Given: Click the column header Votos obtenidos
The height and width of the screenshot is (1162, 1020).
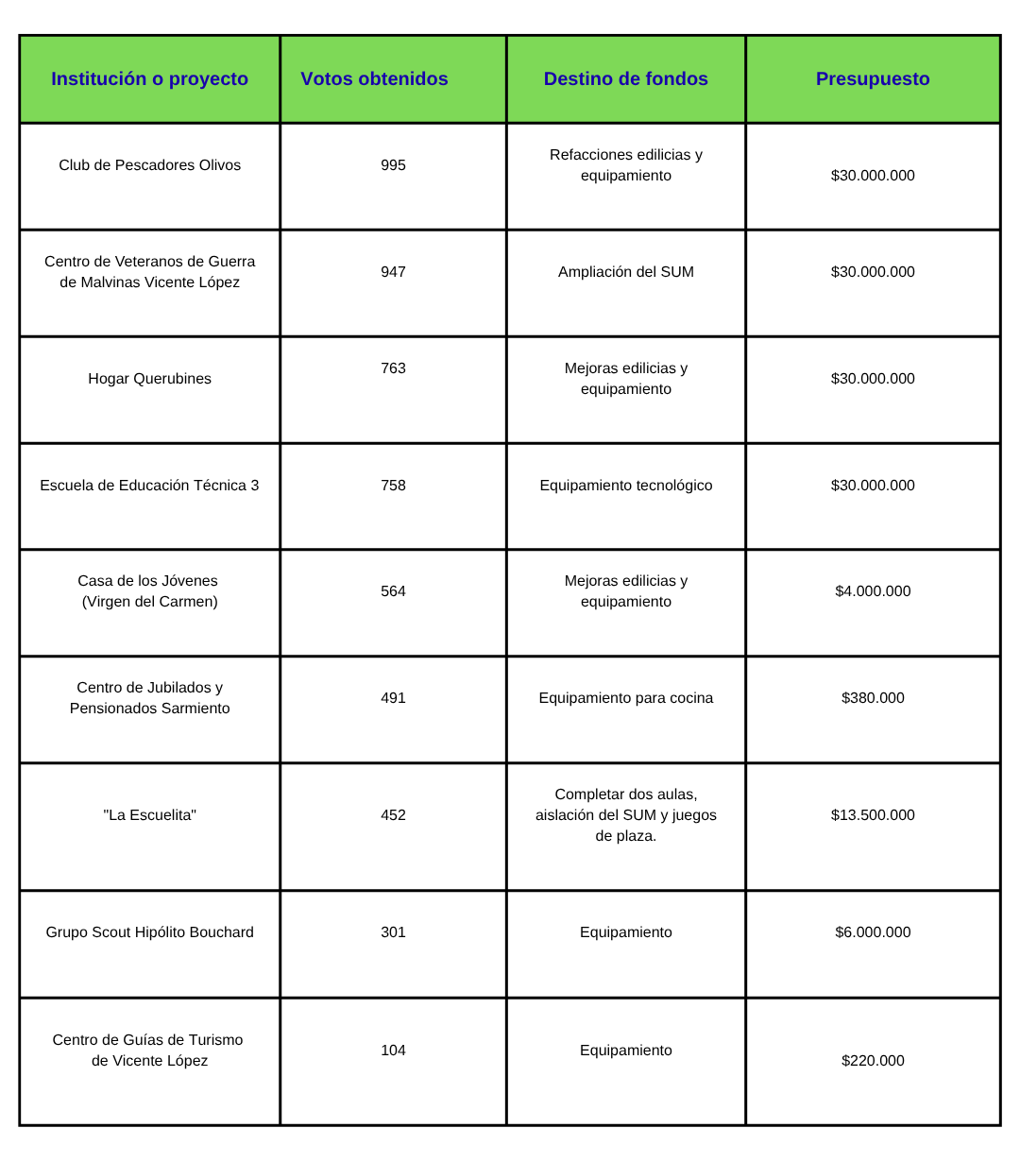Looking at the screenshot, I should (x=374, y=79).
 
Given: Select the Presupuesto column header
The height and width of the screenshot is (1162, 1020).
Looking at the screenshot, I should (x=873, y=79).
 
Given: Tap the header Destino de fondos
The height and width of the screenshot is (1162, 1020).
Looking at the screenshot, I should (x=625, y=79).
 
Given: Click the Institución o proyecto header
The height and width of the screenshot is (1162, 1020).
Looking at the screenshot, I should (x=149, y=79).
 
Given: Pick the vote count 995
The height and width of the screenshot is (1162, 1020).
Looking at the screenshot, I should (x=393, y=165).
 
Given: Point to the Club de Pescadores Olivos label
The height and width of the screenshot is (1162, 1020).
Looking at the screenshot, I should (x=149, y=165).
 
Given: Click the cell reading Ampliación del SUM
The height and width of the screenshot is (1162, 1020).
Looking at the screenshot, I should (x=625, y=272).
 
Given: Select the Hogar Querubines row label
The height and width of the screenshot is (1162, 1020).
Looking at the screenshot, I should (x=149, y=379).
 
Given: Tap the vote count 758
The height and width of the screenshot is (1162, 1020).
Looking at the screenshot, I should (x=393, y=486).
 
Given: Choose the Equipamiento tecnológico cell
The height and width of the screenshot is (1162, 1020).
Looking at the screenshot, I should (x=625, y=486).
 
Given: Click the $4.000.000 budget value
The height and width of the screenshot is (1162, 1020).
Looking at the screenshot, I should (x=873, y=591).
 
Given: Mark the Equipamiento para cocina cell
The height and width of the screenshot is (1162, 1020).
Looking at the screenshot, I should (x=625, y=698).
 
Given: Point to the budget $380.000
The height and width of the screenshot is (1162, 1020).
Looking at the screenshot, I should (x=873, y=698).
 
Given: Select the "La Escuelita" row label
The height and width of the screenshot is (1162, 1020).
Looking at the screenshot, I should (x=149, y=815).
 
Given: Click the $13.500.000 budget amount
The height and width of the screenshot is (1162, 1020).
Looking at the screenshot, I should (x=873, y=815).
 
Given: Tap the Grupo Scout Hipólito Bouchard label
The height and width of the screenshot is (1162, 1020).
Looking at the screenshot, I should (x=149, y=932).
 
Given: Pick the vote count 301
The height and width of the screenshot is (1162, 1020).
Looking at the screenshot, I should (x=393, y=932).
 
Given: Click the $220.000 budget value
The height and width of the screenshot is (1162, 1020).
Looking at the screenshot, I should (x=873, y=1061).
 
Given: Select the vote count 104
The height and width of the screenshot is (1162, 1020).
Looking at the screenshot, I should (x=393, y=1051).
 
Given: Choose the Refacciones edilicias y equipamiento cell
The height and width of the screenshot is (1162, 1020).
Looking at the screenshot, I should (x=625, y=165).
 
